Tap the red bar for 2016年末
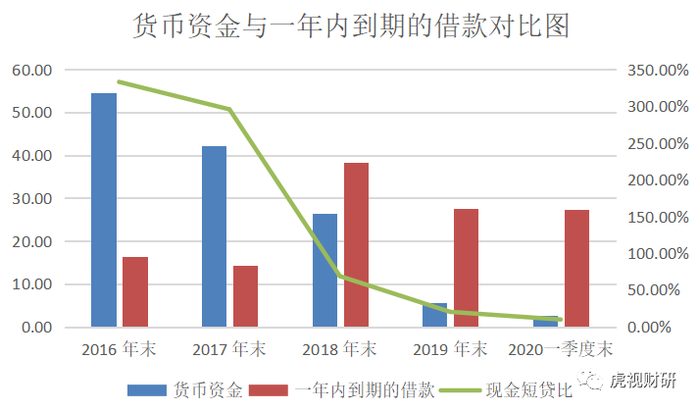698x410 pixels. click(x=135, y=291)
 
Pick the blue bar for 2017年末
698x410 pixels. click(x=214, y=235)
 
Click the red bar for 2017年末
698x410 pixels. click(x=245, y=295)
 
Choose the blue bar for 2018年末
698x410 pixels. click(x=324, y=270)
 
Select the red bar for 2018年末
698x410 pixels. click(x=356, y=244)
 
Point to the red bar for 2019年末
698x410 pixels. click(x=467, y=267)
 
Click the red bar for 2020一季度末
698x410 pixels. click(x=576, y=268)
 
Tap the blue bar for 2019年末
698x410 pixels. click(x=435, y=315)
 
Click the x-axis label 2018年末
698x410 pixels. click(x=339, y=349)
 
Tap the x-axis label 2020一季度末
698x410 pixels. click(x=561, y=349)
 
